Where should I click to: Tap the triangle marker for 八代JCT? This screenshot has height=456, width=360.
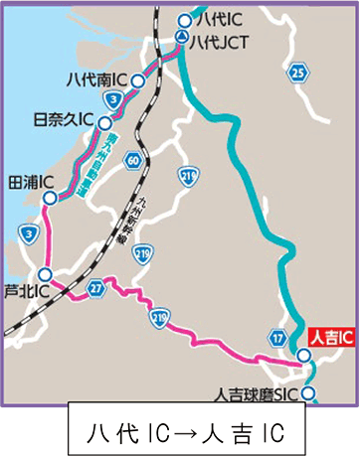pyautogui.click(x=182, y=38)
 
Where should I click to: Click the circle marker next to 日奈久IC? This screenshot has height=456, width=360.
pyautogui.click(x=103, y=119)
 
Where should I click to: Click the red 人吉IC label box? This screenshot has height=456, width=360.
pyautogui.click(x=330, y=339)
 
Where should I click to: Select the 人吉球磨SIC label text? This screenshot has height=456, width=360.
pyautogui.click(x=260, y=393)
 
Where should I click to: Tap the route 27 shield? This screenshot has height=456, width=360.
pyautogui.click(x=95, y=288)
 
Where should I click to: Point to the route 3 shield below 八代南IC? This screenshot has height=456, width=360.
pyautogui.click(x=117, y=100)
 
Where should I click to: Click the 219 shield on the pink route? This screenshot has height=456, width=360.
pyautogui.click(x=160, y=317)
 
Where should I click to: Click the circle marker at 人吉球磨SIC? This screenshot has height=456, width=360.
pyautogui.click(x=310, y=394)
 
